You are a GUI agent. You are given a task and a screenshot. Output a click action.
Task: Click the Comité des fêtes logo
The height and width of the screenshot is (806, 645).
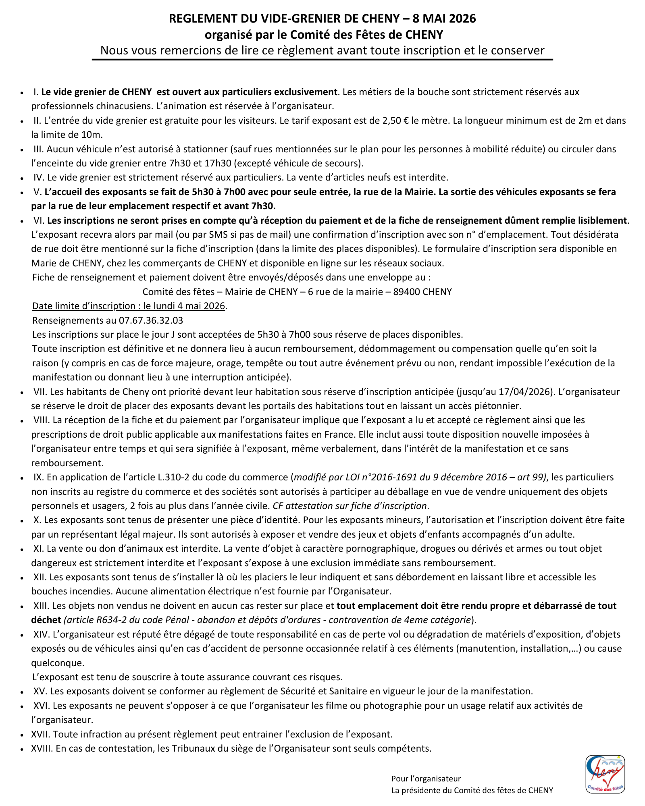click(605, 774)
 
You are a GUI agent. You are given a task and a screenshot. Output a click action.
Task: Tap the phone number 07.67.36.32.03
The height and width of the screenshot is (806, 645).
click(151, 320)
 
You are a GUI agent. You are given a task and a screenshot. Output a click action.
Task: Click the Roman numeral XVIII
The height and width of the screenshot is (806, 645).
click(42, 748)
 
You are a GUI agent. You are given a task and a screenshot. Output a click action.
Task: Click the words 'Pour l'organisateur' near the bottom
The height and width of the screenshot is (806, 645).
click(426, 779)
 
